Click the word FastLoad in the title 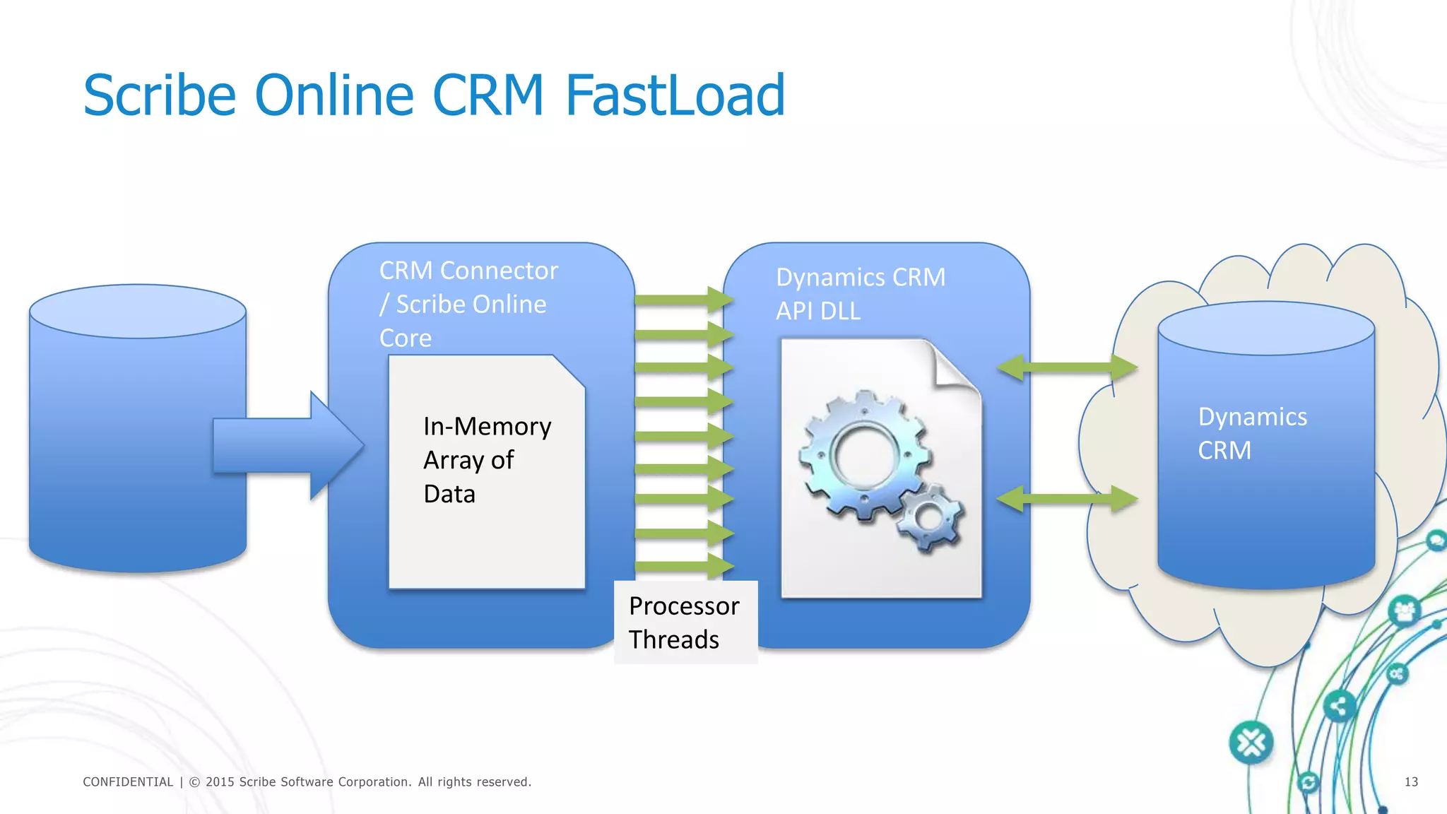point(675,95)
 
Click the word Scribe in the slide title point(160,95)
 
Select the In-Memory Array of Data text point(486,460)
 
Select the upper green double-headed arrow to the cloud point(1067,367)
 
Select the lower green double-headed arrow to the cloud point(1067,499)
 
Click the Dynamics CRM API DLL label point(860,294)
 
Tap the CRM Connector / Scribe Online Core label point(468,304)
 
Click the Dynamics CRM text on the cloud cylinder point(1252,433)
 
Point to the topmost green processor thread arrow point(683,300)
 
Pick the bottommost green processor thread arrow point(683,566)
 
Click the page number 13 point(1410,781)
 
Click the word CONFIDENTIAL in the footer point(128,781)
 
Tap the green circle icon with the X point(1251,743)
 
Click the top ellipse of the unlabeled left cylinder point(138,312)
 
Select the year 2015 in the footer point(220,781)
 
